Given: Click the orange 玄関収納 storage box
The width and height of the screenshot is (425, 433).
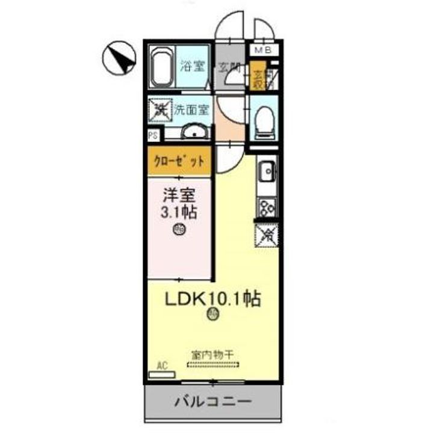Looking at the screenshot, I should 259,78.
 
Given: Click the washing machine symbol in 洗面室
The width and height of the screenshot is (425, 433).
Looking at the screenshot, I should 160,109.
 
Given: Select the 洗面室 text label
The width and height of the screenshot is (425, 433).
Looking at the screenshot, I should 192,109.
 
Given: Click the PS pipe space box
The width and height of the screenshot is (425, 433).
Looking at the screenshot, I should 153,135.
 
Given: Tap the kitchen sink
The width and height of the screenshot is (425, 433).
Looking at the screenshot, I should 265,173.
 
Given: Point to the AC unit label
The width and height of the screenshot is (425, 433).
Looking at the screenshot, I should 161,365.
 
